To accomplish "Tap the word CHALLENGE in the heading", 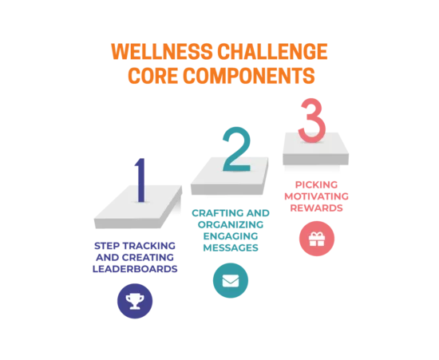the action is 272,52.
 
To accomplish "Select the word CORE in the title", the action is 153,76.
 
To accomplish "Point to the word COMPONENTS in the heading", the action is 249,76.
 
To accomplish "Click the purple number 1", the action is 140,180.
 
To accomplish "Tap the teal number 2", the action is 237,149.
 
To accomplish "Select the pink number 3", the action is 312,120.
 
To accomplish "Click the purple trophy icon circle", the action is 135,301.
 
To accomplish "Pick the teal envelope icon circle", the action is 231,280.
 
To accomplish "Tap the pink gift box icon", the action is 317,239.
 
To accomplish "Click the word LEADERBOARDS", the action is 135,269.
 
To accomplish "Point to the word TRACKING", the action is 149,246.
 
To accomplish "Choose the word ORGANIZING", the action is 231,224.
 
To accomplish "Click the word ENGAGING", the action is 231,236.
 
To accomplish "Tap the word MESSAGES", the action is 231,247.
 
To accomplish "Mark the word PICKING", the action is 316,184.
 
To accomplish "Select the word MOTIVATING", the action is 316,196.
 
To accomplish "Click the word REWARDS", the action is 316,208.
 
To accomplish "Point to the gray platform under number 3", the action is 315,150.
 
